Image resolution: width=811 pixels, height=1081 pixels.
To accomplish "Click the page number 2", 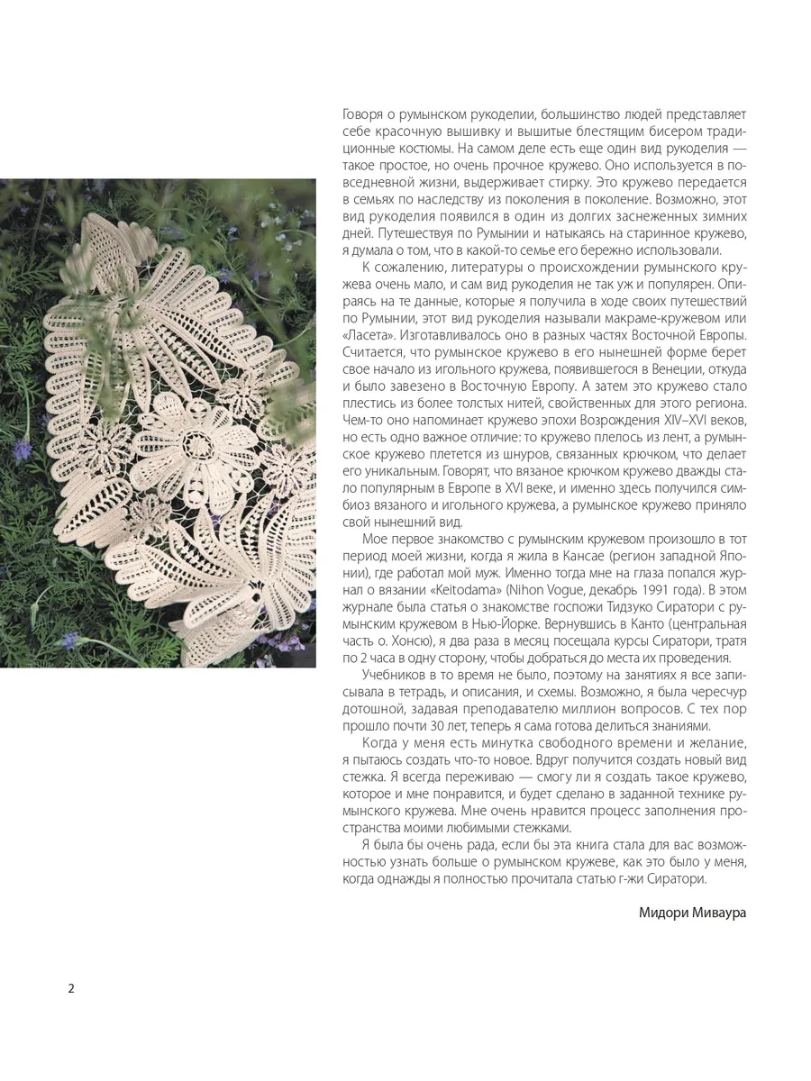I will (x=71, y=988).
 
